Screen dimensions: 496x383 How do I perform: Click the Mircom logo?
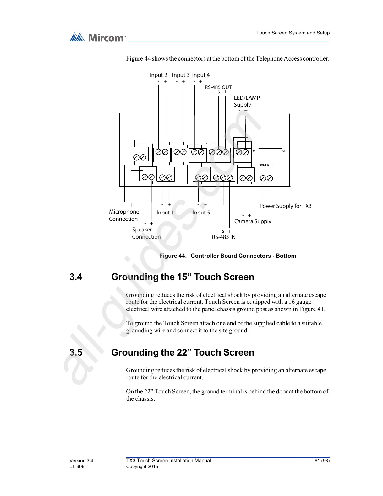click(x=97, y=37)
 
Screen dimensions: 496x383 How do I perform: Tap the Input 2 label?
click(x=158, y=75)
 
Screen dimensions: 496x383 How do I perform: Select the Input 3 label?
click(x=181, y=75)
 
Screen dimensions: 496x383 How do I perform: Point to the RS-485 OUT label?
click(x=218, y=87)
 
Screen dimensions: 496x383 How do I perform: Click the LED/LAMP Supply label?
click(x=247, y=101)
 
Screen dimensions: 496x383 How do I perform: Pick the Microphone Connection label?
click(x=124, y=215)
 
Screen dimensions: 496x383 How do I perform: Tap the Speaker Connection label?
click(x=146, y=233)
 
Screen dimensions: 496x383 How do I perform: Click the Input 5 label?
click(x=201, y=213)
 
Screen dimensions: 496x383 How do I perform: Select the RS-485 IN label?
click(x=223, y=237)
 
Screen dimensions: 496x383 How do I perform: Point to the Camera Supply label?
click(x=253, y=221)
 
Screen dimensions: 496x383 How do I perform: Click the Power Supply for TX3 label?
click(x=285, y=206)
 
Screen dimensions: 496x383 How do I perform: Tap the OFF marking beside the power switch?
click(x=255, y=151)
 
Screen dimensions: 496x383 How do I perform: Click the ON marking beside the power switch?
click(x=284, y=151)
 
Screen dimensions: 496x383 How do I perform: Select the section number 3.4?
click(x=76, y=277)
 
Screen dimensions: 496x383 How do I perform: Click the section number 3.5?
click(x=76, y=352)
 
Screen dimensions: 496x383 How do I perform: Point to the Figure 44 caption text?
click(x=227, y=256)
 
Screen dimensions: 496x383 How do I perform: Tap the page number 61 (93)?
click(x=322, y=461)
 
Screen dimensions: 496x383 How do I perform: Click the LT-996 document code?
click(x=77, y=467)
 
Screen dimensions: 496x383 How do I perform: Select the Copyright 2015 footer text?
click(x=142, y=467)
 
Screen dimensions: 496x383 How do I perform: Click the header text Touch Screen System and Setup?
click(x=293, y=33)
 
